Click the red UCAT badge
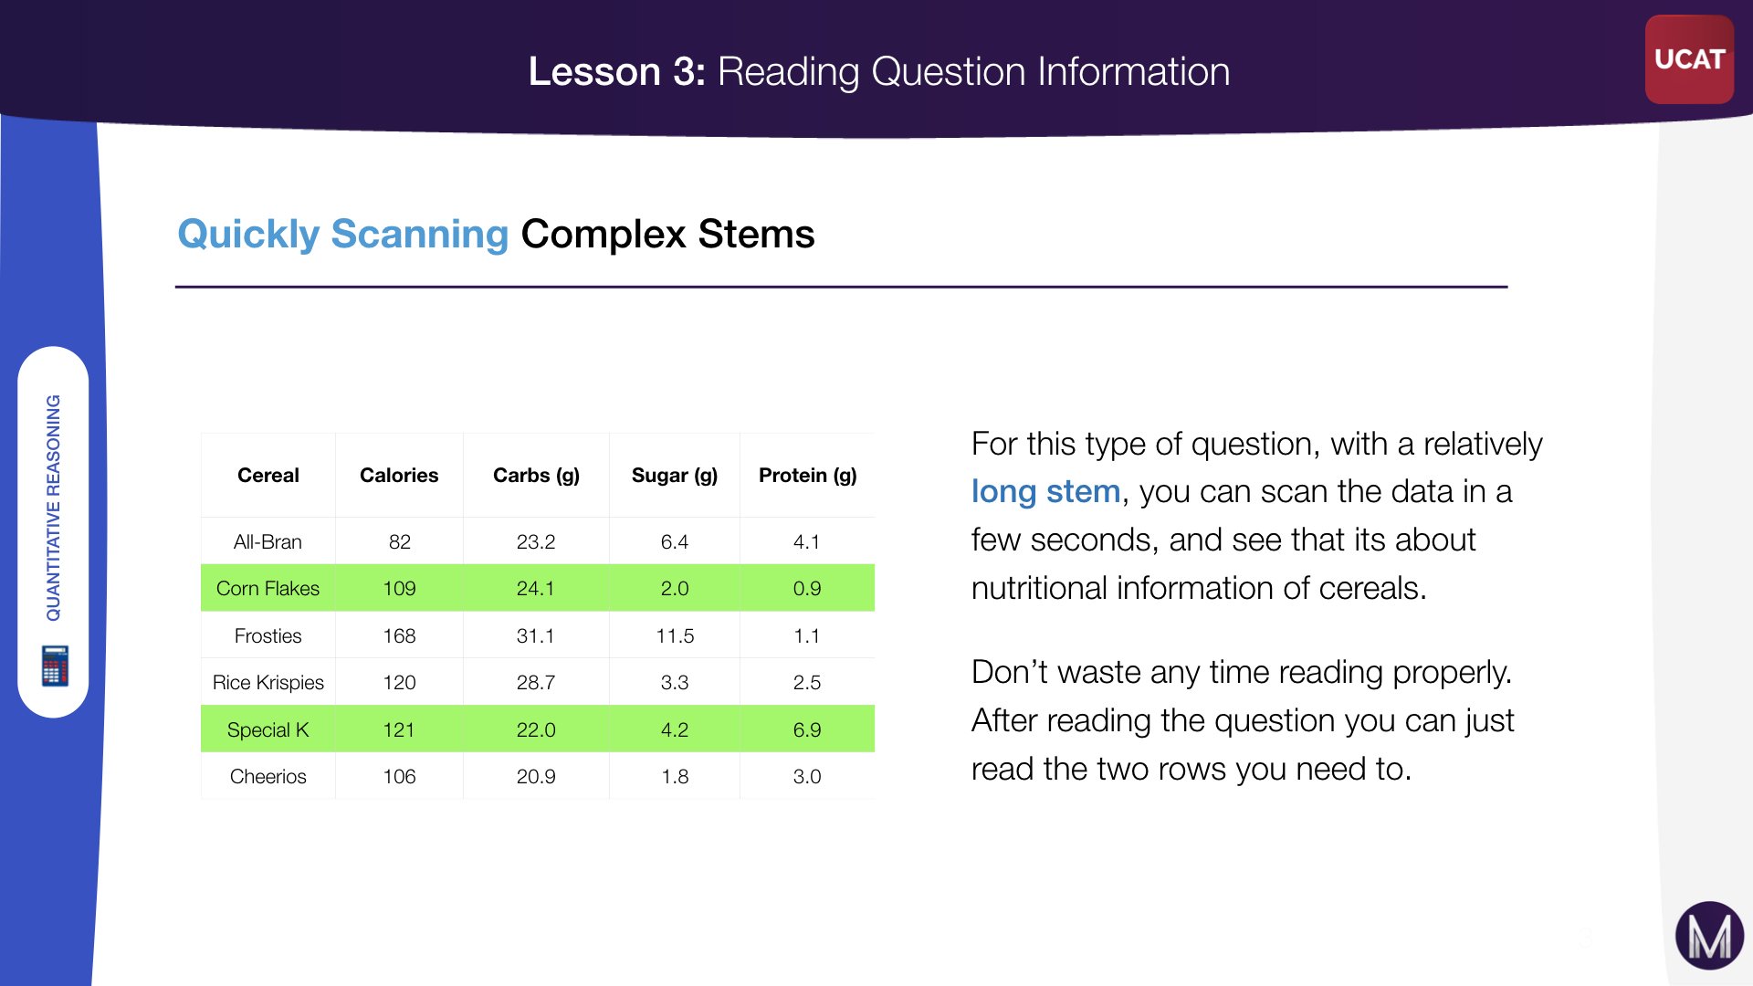[x=1689, y=59]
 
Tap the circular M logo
[x=1709, y=936]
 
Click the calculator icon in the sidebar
[x=55, y=666]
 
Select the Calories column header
[x=399, y=475]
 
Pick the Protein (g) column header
[x=808, y=476]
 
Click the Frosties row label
[x=268, y=635]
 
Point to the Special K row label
[x=268, y=729]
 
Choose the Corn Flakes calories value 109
[x=399, y=588]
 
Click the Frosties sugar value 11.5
[x=675, y=635]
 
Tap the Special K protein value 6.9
[x=807, y=729]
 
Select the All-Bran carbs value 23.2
[x=536, y=541]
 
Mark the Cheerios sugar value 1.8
[x=675, y=776]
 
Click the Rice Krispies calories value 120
[x=399, y=682]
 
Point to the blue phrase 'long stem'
[x=1045, y=491]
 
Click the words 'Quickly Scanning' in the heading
[x=342, y=234]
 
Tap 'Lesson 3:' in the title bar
[x=617, y=71]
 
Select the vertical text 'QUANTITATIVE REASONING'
[x=54, y=508]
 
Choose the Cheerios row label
[x=268, y=776]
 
